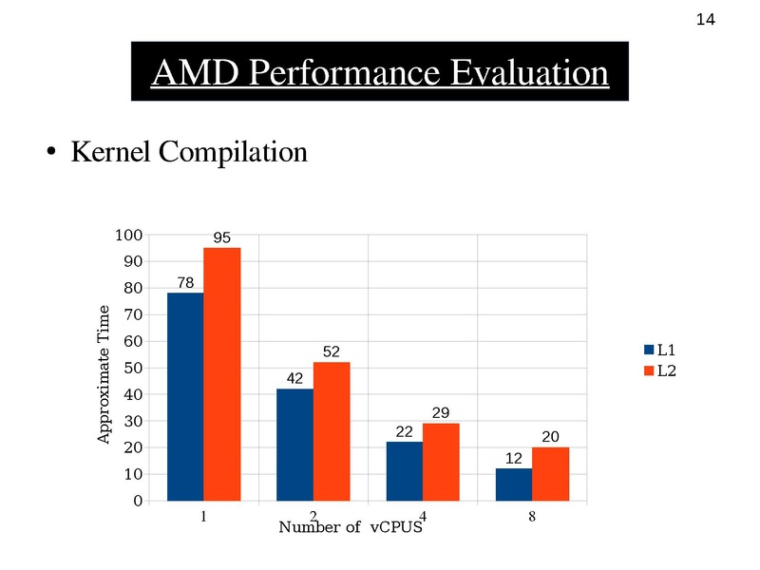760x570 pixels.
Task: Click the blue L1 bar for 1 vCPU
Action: tap(185, 396)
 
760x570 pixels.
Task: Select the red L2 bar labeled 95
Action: tap(221, 374)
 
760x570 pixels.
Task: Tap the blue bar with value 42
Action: tap(294, 445)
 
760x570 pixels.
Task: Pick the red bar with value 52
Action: tap(332, 431)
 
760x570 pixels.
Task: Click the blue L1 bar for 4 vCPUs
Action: tap(404, 471)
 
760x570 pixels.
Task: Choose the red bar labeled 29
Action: tap(441, 462)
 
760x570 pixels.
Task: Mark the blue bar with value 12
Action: tap(513, 484)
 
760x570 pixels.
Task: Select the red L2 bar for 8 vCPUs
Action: tap(550, 474)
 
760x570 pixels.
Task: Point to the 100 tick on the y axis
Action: tap(129, 235)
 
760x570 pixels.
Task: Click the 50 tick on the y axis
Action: tap(134, 368)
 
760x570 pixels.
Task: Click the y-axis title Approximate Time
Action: tap(105, 374)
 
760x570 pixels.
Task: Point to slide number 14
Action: tap(706, 20)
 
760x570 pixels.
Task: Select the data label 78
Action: tap(185, 282)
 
